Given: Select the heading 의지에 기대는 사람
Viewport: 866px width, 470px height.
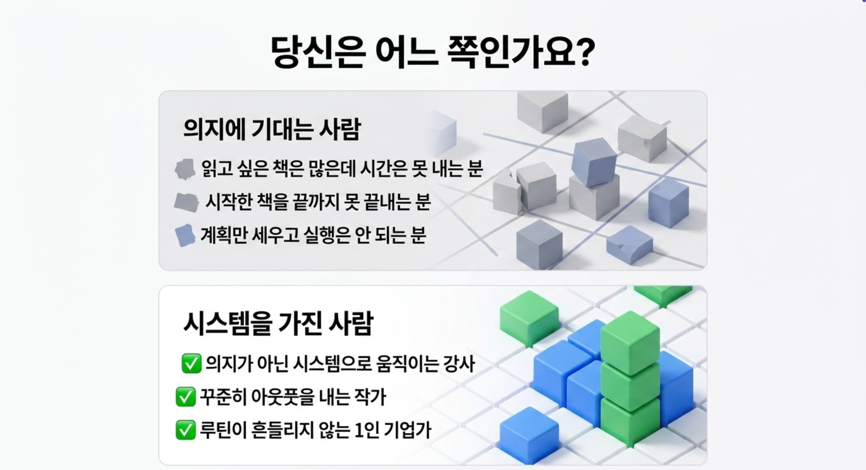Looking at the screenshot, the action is coord(272,129).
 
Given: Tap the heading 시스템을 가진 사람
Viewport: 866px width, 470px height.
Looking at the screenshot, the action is coord(278,323).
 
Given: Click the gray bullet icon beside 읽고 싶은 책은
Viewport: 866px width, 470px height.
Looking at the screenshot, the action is coord(185,169).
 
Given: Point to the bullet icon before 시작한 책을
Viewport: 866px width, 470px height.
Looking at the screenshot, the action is coord(186,202).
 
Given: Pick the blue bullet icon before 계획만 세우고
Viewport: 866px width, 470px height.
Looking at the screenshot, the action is coord(185,235).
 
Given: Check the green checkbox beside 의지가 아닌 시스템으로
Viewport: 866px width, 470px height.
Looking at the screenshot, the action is coord(192,363).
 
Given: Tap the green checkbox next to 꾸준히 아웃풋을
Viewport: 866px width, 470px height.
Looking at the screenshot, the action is coord(186,396).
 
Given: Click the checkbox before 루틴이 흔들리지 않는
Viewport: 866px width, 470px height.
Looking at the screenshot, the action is coord(186,430).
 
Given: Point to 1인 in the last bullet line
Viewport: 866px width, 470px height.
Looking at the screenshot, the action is coord(366,430).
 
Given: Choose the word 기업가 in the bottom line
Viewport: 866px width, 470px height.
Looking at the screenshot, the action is coord(408,430).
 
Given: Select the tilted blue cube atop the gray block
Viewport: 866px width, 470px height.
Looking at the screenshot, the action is coord(594,162).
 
